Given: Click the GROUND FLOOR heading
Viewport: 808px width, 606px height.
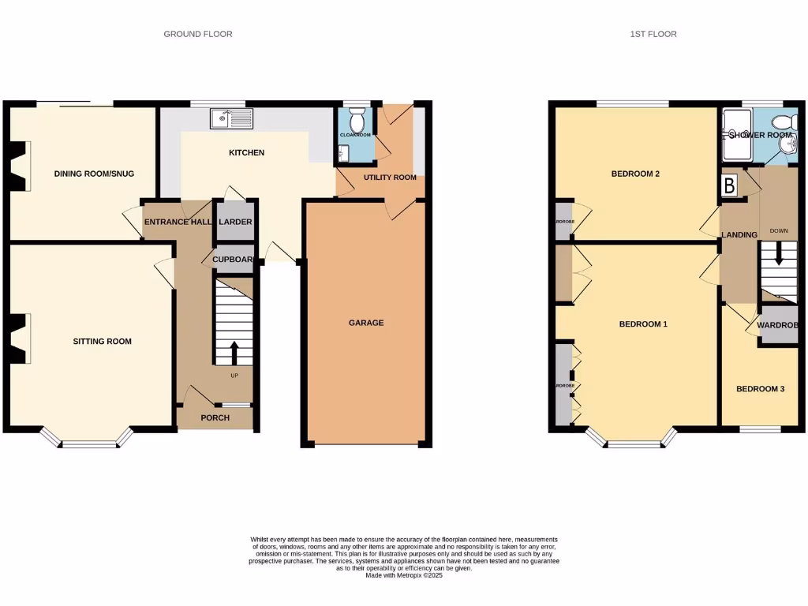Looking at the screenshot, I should pyautogui.click(x=198, y=34).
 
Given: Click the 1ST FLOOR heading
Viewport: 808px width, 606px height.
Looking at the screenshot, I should pyautogui.click(x=653, y=34).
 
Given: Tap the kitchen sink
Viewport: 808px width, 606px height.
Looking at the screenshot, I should pyautogui.click(x=230, y=119).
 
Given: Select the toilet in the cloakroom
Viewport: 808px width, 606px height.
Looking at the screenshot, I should pyautogui.click(x=356, y=121).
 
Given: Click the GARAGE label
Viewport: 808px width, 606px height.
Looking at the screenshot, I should pyautogui.click(x=366, y=323).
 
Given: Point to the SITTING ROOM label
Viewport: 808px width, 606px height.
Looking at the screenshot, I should pyautogui.click(x=102, y=342).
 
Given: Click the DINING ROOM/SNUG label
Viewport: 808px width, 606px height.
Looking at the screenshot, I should pyautogui.click(x=87, y=174).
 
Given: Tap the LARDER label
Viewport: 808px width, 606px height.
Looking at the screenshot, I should pyautogui.click(x=235, y=223).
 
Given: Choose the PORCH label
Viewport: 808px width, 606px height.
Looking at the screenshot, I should pyautogui.click(x=215, y=417).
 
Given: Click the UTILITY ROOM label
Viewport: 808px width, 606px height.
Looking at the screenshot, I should pyautogui.click(x=390, y=178).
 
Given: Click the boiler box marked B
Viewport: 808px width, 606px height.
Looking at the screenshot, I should pyautogui.click(x=730, y=186).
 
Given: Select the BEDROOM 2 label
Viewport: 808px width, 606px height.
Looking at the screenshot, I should pyautogui.click(x=635, y=174).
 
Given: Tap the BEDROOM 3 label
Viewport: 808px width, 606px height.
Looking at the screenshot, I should pyautogui.click(x=760, y=389).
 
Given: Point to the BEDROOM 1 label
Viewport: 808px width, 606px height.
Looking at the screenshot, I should pyautogui.click(x=643, y=324).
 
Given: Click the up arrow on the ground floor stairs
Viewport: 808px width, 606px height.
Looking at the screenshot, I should pyautogui.click(x=234, y=350).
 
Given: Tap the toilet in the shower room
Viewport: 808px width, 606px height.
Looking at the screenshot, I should pyautogui.click(x=782, y=122).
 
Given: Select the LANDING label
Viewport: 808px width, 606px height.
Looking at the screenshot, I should pyautogui.click(x=739, y=235).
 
